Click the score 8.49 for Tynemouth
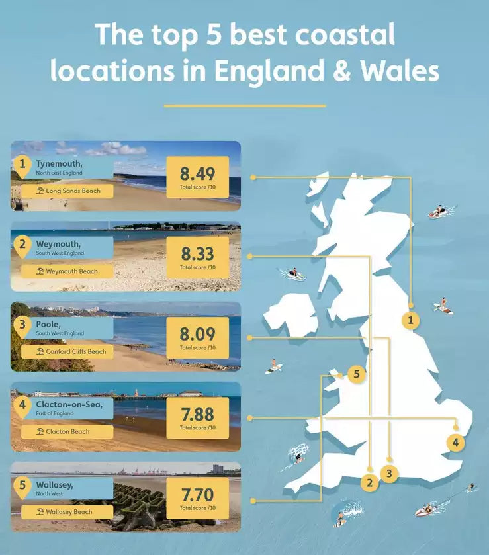(197, 175)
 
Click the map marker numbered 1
(411, 321)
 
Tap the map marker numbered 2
(370, 483)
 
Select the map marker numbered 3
(390, 474)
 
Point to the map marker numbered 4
(455, 443)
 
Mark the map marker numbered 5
(356, 374)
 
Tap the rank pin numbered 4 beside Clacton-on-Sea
(22, 405)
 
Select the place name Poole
(49, 324)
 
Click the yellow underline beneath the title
(244, 105)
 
